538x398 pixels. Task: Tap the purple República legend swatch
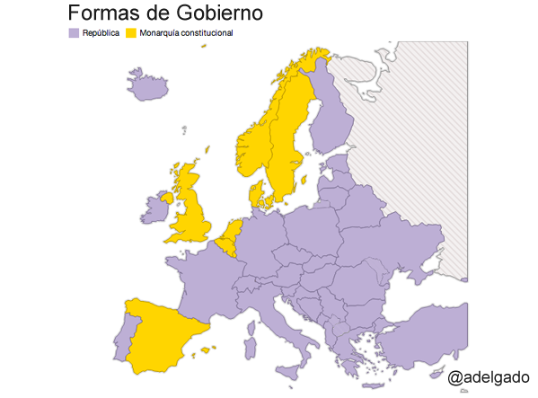pyautogui.click(x=74, y=33)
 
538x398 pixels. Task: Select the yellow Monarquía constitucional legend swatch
pyautogui.click(x=131, y=33)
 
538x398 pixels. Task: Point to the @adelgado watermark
pyautogui.click(x=489, y=376)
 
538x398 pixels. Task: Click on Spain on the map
pyautogui.click(x=171, y=332)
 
